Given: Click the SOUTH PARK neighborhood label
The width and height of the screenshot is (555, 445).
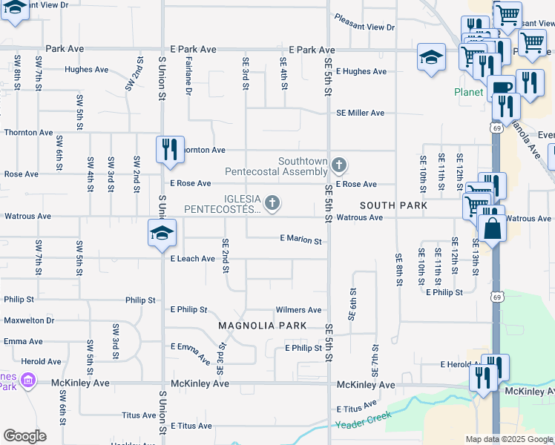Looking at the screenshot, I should [x=393, y=205].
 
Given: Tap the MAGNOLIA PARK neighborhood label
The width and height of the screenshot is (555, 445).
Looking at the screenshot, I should [x=257, y=326].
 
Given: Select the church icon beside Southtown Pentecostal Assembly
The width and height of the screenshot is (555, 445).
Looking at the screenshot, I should [x=339, y=165].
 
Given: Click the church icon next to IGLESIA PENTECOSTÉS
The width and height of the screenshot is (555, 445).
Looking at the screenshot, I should [x=273, y=202].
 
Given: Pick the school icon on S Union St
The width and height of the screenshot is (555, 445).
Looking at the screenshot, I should [x=160, y=233].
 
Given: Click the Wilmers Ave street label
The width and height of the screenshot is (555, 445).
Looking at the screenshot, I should [x=298, y=310].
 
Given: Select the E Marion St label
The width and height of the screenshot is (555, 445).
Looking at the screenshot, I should [x=301, y=240].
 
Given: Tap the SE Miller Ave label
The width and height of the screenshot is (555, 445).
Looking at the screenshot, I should [x=360, y=113].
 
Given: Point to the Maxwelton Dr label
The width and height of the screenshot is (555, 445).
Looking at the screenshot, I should [x=29, y=320].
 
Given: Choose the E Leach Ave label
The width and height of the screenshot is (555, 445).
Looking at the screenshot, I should [x=192, y=259].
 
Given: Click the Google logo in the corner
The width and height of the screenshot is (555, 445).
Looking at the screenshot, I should [x=24, y=436].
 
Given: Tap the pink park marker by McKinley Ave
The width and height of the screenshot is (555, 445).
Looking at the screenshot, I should [x=28, y=380].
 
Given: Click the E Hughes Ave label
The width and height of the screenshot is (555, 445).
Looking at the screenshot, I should [x=361, y=72].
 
